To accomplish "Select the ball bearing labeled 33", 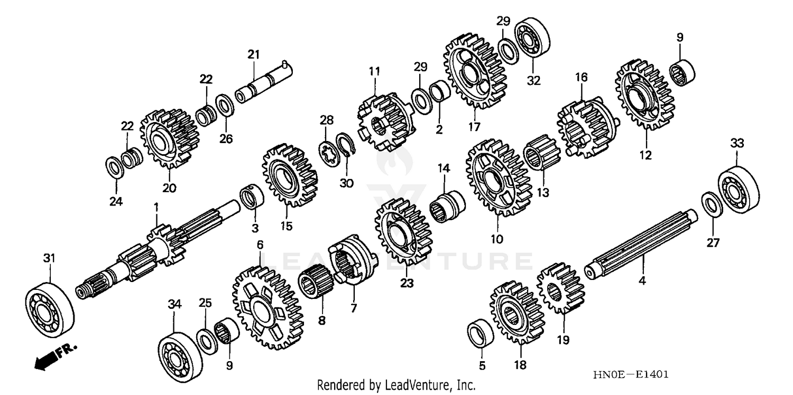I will (738, 190).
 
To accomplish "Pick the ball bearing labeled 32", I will (532, 38).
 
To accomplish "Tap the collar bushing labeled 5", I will (481, 333).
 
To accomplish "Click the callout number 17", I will (474, 127).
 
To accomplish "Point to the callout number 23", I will (406, 284).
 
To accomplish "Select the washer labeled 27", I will (712, 205).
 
